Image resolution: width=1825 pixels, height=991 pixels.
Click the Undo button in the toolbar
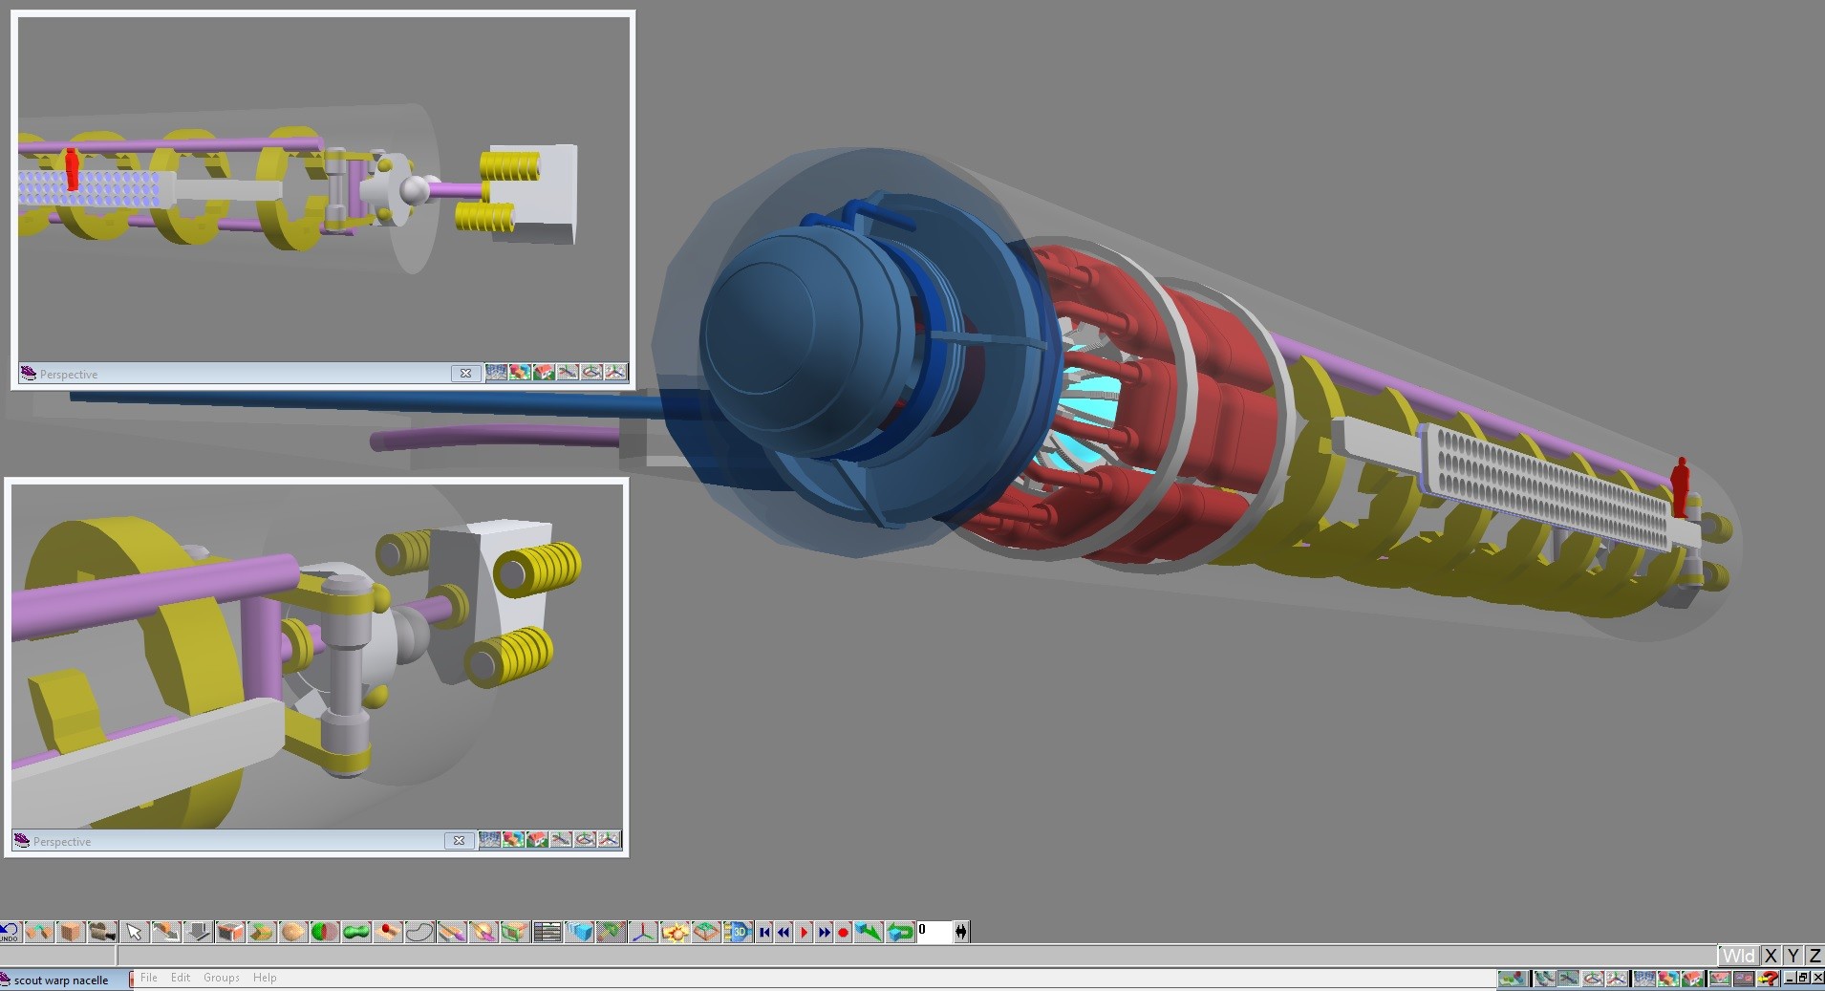click(9, 931)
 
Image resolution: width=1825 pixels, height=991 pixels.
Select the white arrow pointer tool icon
click(134, 931)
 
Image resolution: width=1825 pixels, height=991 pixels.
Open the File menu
click(149, 978)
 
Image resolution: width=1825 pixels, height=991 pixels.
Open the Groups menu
click(221, 978)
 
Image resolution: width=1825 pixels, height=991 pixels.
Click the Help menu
click(265, 978)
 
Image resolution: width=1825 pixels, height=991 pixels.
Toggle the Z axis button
click(1814, 956)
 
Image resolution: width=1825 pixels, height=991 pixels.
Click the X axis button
click(1771, 956)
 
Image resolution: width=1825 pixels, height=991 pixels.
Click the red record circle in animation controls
click(844, 932)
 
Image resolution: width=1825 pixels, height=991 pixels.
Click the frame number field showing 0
click(934, 931)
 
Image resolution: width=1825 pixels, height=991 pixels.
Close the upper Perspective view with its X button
click(465, 374)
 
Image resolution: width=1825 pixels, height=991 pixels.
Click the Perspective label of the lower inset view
click(62, 842)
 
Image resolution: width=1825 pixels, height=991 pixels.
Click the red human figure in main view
click(1680, 485)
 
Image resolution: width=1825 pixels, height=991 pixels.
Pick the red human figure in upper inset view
click(72, 169)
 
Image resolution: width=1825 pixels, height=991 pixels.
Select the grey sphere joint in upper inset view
click(416, 191)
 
